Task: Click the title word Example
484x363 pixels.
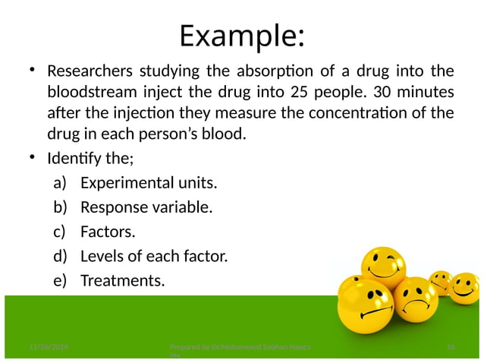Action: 241,36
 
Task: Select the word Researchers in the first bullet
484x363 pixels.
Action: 90,72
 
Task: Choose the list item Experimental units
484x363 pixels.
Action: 149,183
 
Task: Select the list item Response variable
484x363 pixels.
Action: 146,207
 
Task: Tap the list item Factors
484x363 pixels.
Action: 108,232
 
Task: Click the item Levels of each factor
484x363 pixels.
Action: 154,256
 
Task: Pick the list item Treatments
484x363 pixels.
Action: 122,281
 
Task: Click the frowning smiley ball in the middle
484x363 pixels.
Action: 415,299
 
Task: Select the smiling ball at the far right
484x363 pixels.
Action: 464,288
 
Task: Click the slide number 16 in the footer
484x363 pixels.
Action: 451,347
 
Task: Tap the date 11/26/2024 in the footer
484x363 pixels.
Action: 43,347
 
